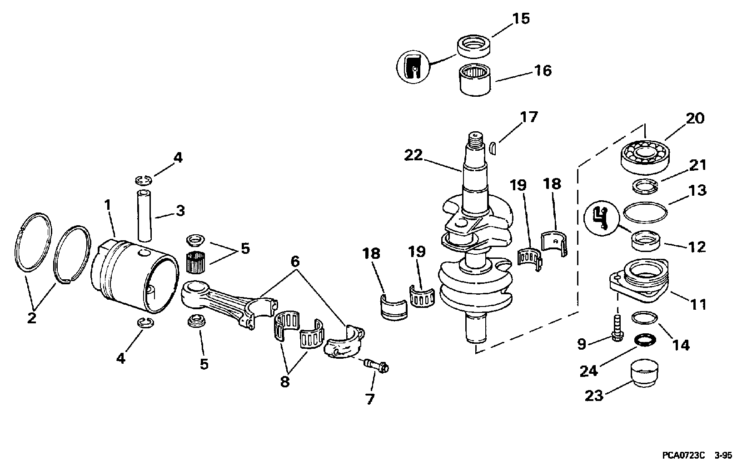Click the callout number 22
tap(413, 155)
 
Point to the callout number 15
tap(521, 19)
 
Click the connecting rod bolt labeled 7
tap(376, 366)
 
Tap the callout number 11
tap(698, 305)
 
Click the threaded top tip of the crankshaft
tap(475, 135)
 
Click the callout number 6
tap(295, 262)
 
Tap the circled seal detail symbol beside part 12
tap(601, 218)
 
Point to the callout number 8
tap(285, 382)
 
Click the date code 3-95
tap(723, 455)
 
